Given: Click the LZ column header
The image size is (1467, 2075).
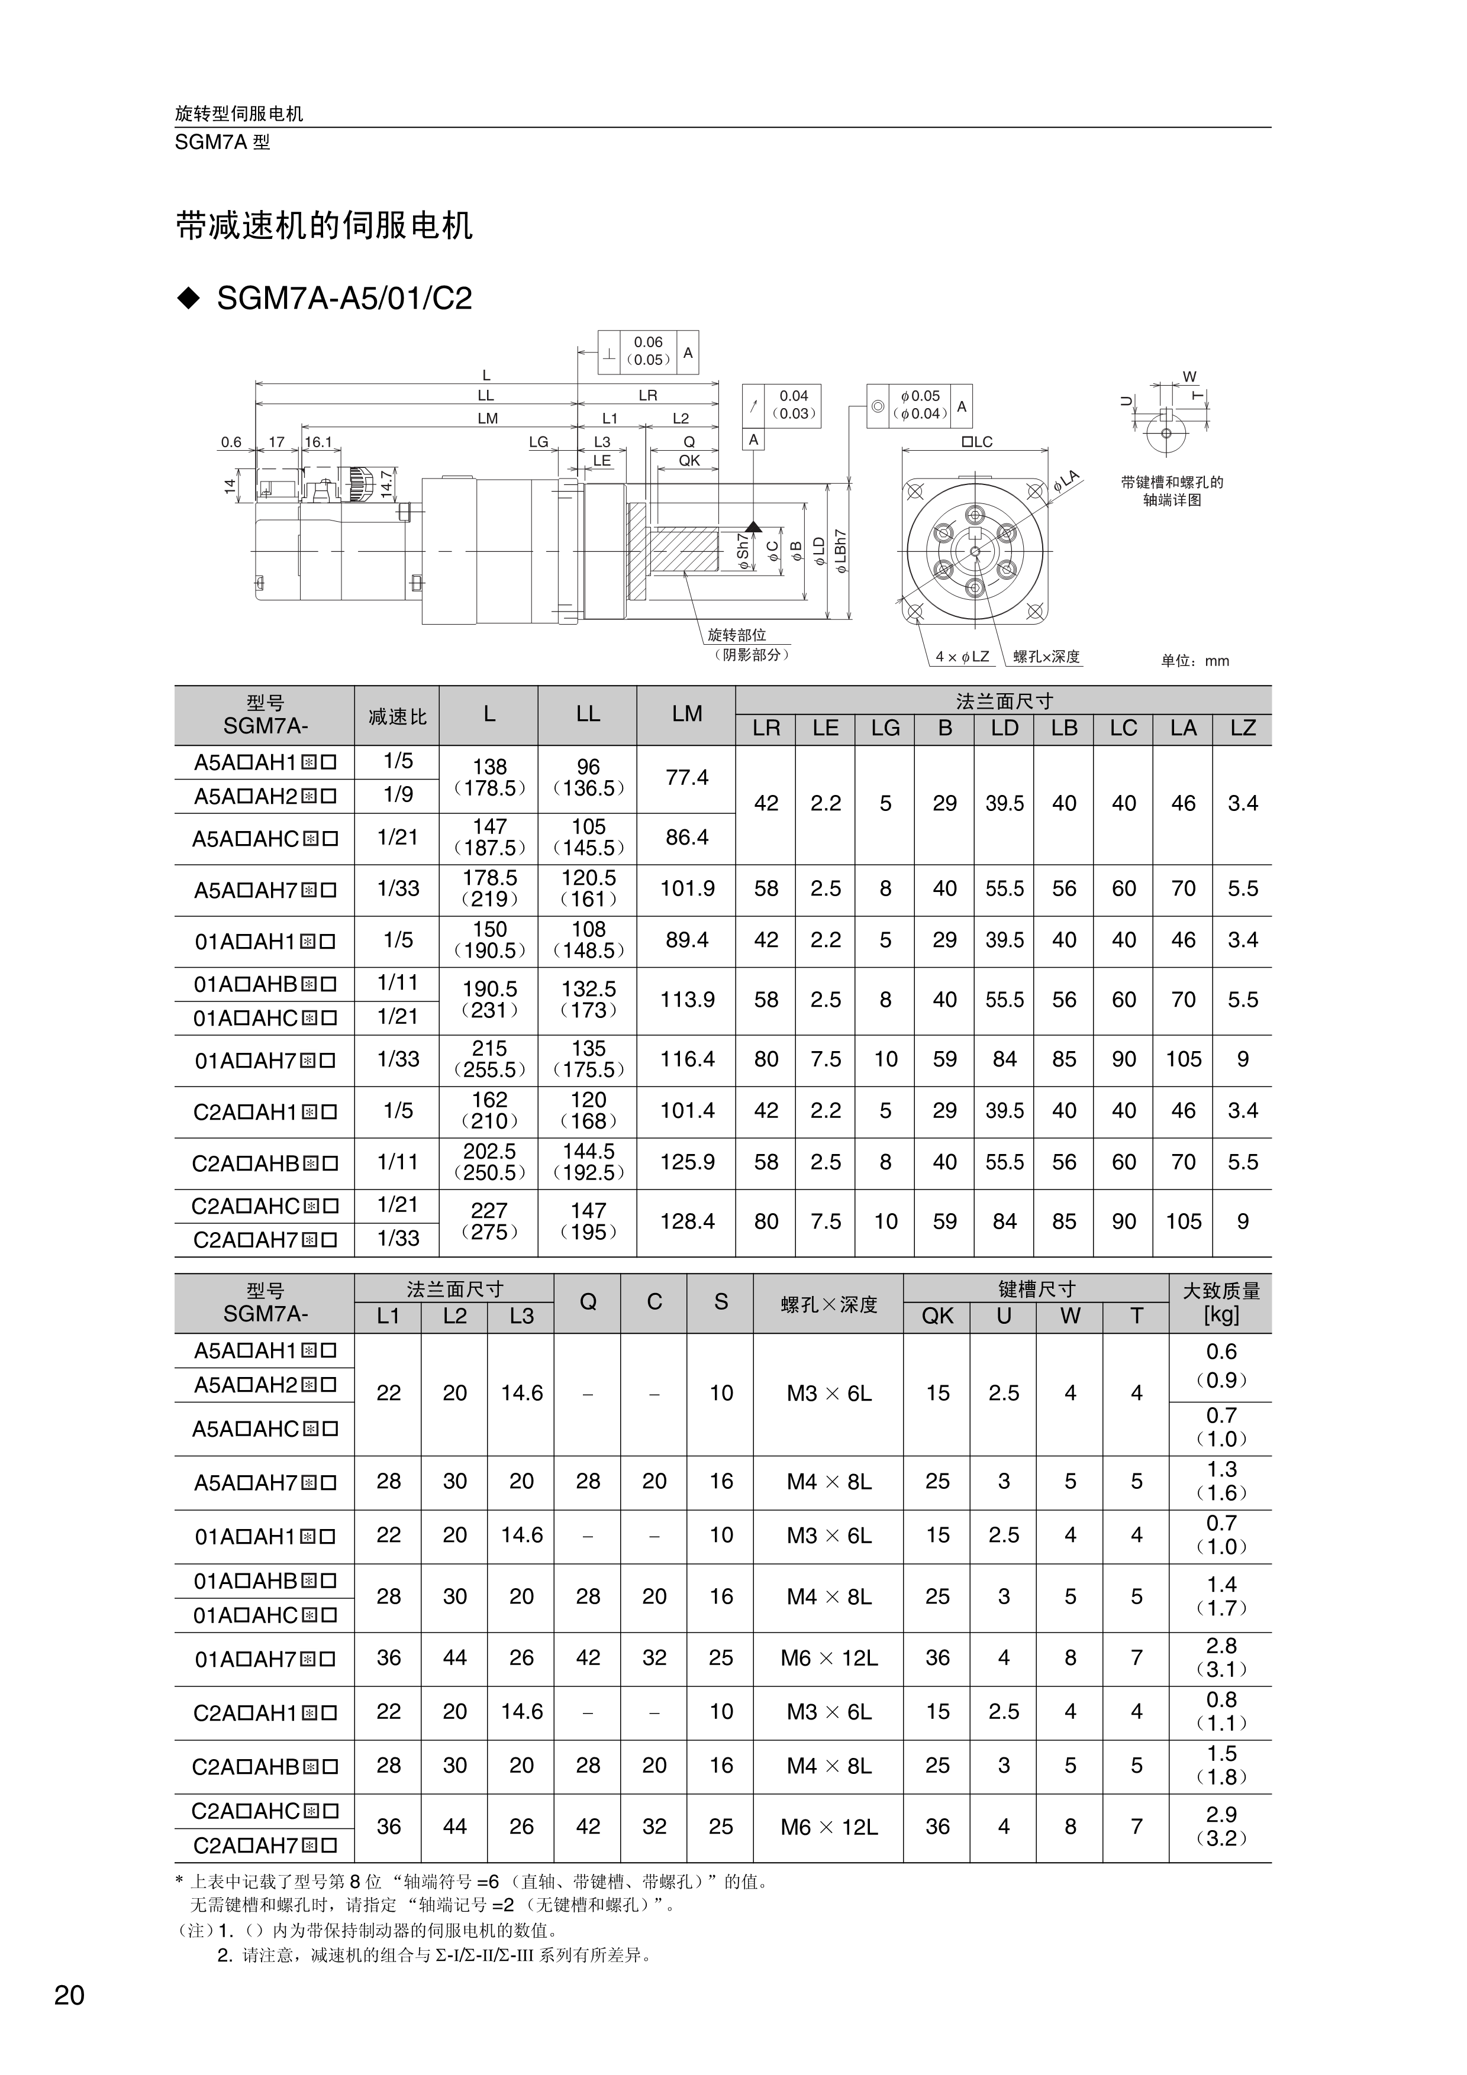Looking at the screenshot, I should pyautogui.click(x=1242, y=728).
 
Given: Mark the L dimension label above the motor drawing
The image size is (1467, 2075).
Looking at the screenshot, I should pyautogui.click(x=486, y=375).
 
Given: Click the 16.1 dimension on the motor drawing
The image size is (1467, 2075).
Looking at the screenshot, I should pyautogui.click(x=318, y=442).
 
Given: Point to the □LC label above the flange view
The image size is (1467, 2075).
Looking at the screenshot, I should pyautogui.click(x=976, y=442).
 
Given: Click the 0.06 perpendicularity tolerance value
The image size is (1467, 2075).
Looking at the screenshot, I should pyautogui.click(x=648, y=342).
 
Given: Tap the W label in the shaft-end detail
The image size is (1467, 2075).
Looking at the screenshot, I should pyautogui.click(x=1189, y=377).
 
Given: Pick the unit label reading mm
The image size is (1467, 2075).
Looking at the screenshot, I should pyautogui.click(x=1195, y=661).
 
